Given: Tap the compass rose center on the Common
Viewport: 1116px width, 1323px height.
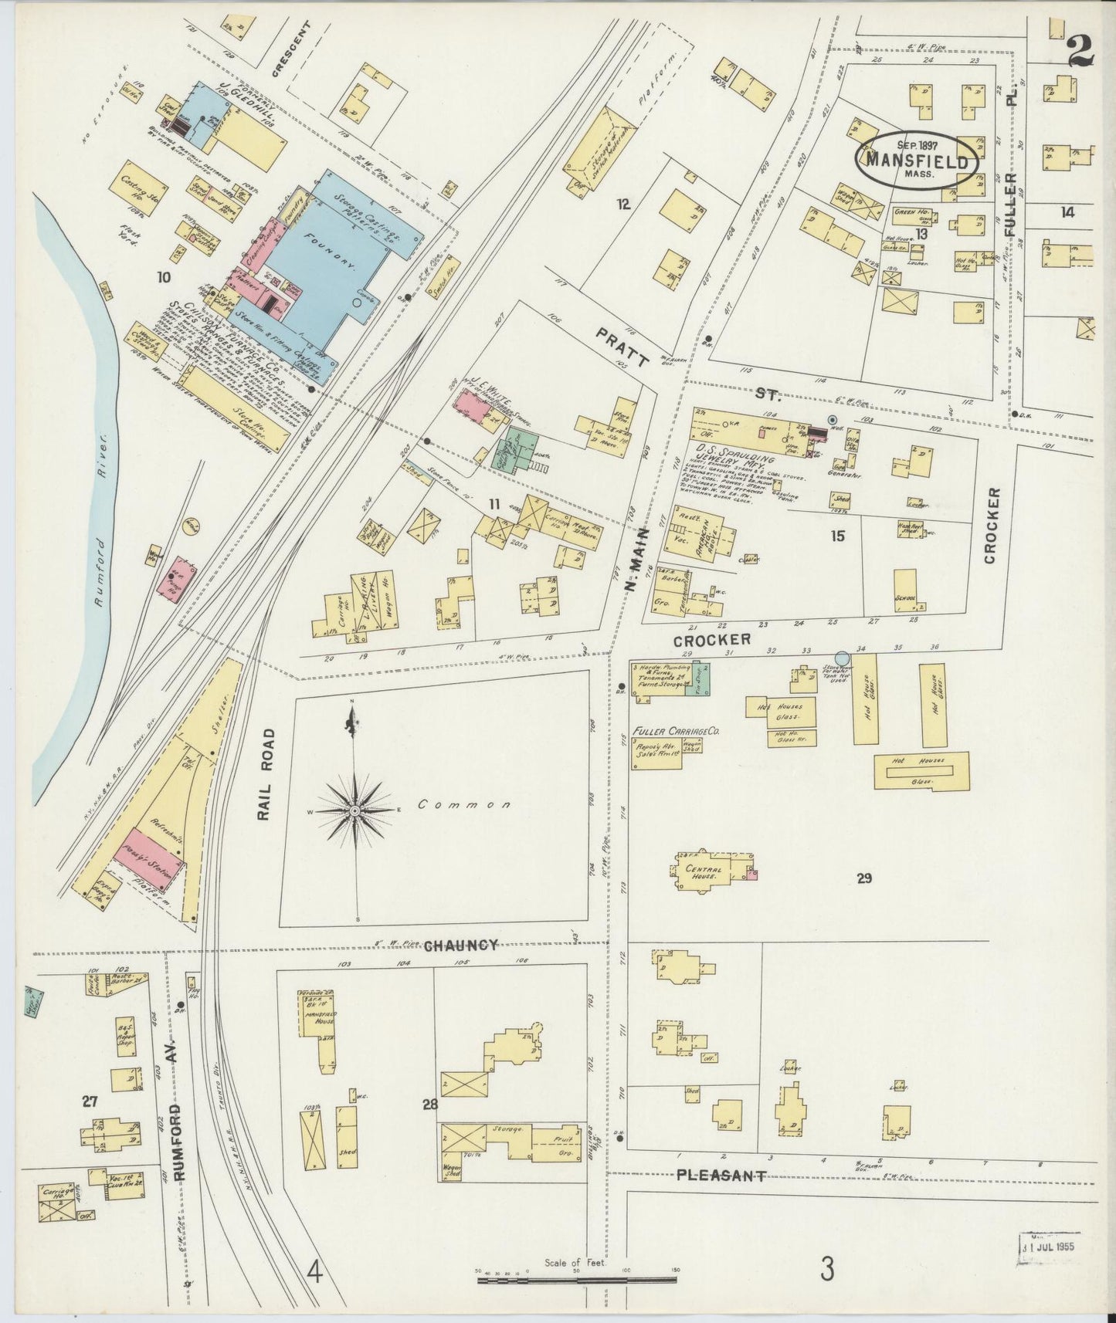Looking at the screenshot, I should (x=354, y=811).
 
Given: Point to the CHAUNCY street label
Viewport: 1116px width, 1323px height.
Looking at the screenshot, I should (x=460, y=946).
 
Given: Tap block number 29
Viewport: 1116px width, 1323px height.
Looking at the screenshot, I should (x=863, y=878).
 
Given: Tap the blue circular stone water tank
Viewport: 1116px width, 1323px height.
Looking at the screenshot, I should (x=843, y=658).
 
